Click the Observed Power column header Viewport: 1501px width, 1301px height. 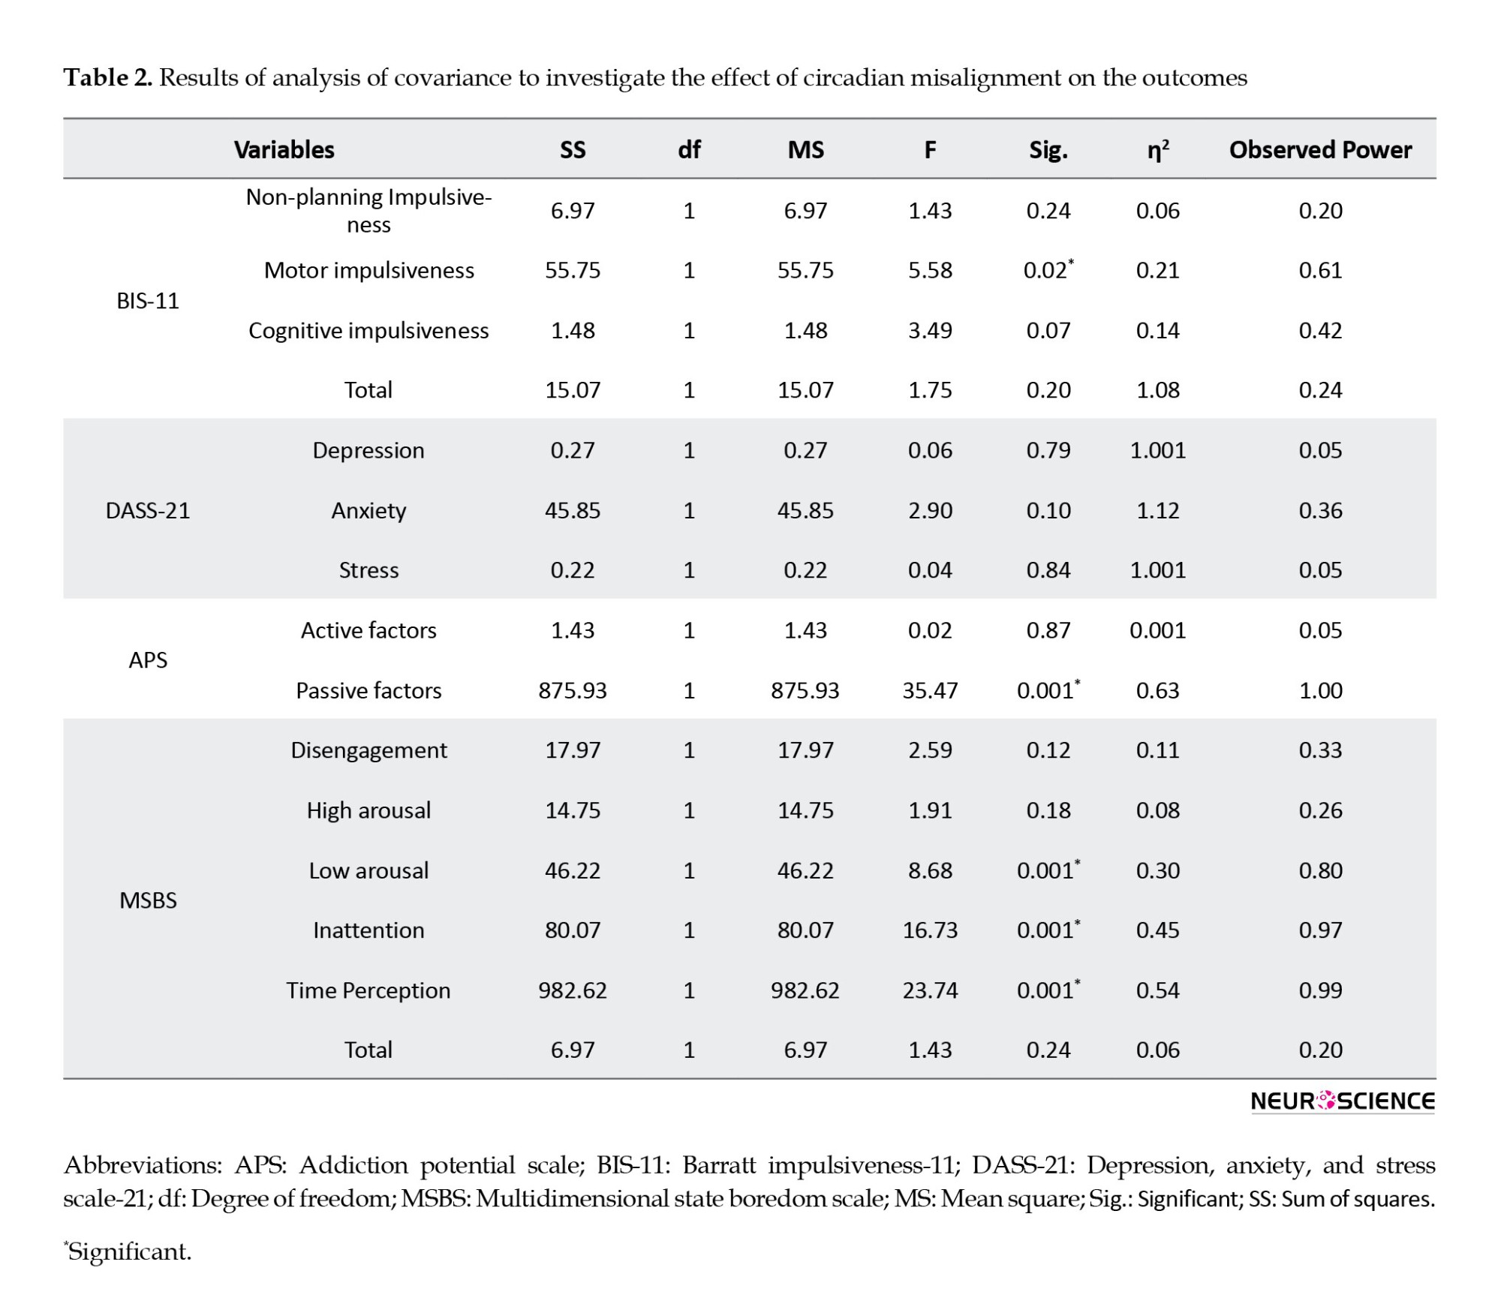[x=1320, y=150]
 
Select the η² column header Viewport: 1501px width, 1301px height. [x=1158, y=150]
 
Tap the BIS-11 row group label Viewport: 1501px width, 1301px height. [x=148, y=301]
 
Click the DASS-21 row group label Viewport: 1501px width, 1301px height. [x=148, y=511]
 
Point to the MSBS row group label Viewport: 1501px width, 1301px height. [x=148, y=900]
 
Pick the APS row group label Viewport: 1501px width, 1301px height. [x=148, y=660]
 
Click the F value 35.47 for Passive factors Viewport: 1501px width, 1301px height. [x=930, y=690]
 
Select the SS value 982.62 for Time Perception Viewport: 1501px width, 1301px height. [x=573, y=990]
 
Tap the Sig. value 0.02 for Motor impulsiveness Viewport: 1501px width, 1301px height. [x=1048, y=269]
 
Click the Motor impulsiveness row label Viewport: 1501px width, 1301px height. [x=368, y=270]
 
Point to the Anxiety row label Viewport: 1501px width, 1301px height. [x=368, y=511]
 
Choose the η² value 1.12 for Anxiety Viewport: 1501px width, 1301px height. [x=1158, y=511]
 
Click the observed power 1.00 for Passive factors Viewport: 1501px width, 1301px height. [x=1320, y=690]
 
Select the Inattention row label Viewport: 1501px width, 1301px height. [x=368, y=930]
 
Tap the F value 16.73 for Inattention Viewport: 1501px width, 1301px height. [x=930, y=930]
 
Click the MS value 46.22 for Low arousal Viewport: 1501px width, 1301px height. [x=805, y=870]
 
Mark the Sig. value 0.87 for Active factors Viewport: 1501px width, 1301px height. [x=1048, y=630]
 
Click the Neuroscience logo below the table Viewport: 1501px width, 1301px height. [x=1343, y=1101]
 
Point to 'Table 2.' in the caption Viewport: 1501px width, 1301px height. [x=108, y=78]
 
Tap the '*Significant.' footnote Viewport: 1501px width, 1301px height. [x=128, y=1251]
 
